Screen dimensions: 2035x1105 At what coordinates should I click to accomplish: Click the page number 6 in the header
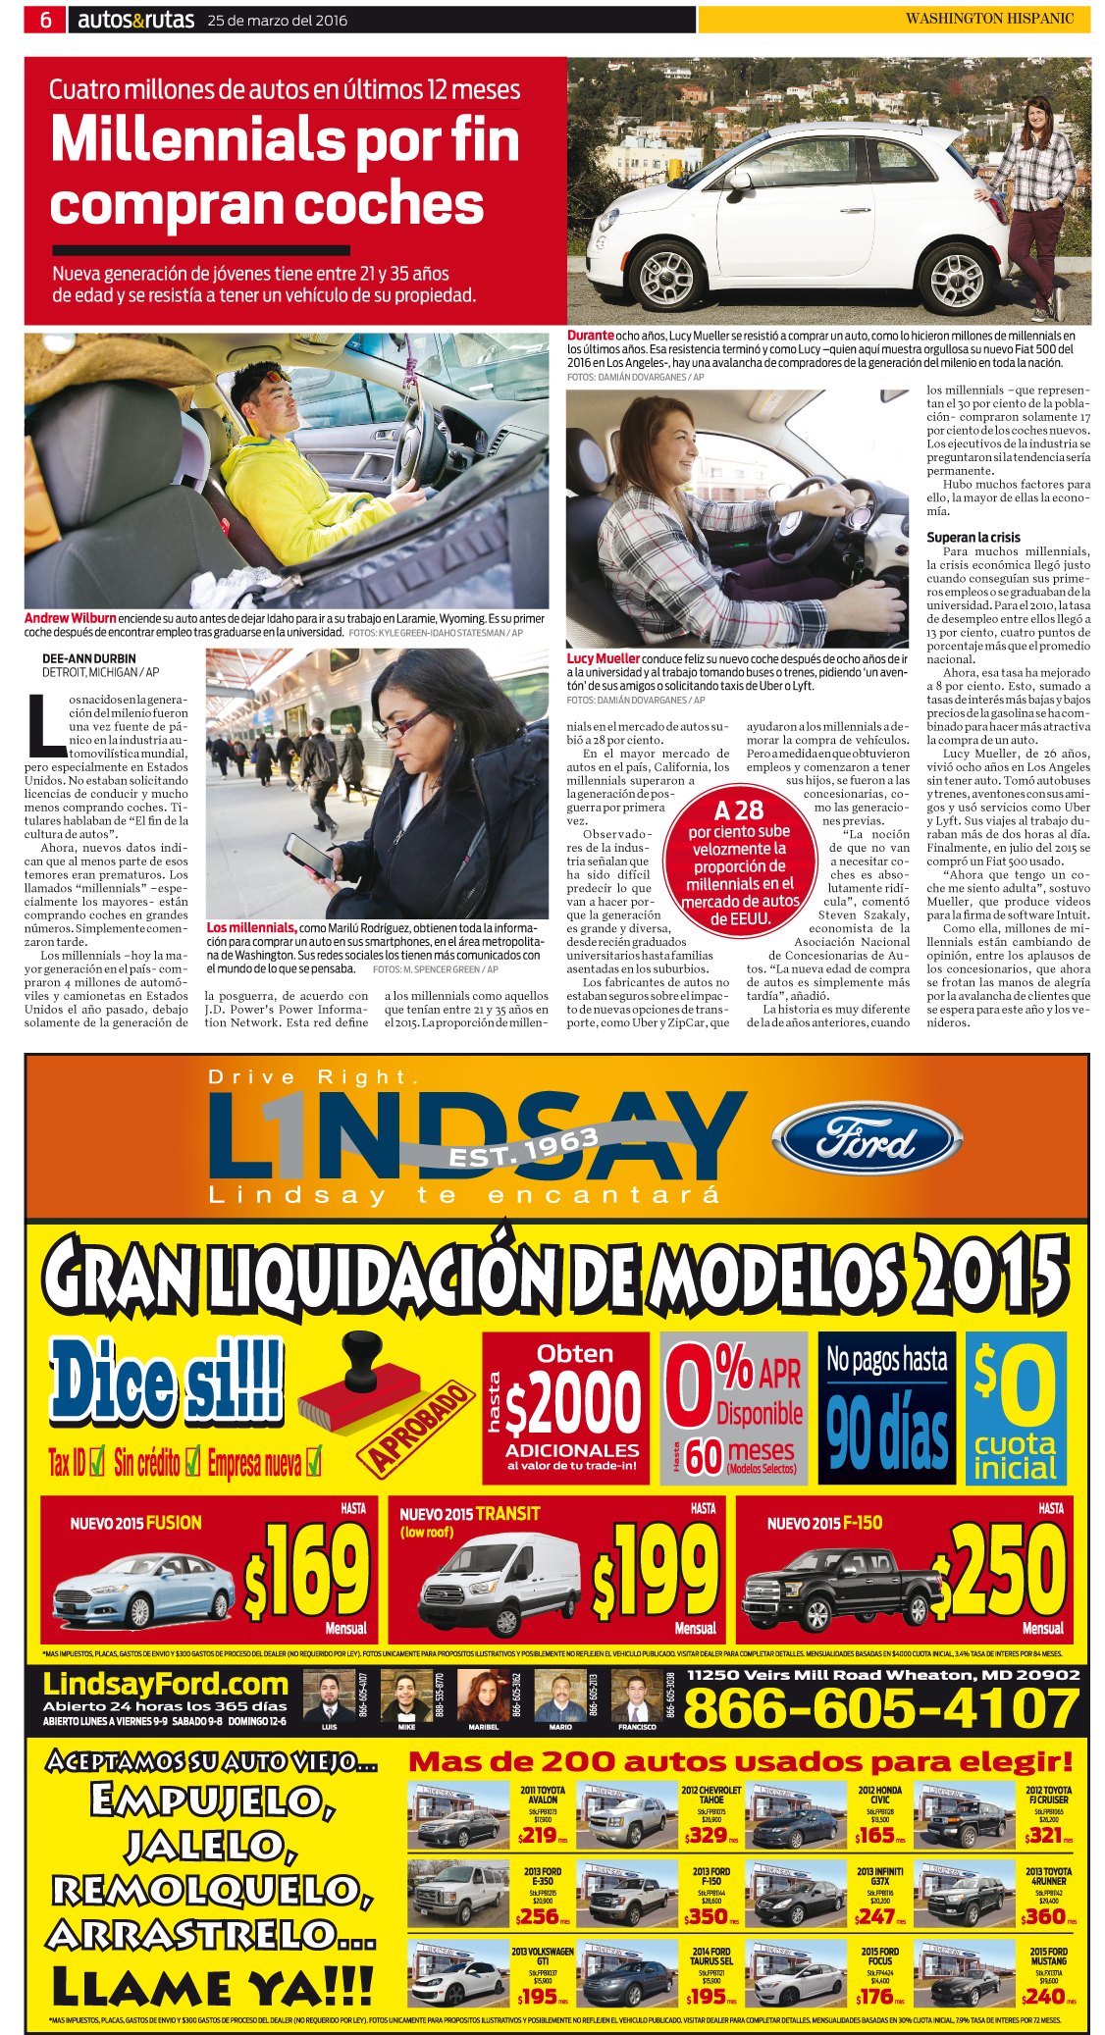[45, 20]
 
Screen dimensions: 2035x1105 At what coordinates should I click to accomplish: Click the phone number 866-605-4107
[880, 1708]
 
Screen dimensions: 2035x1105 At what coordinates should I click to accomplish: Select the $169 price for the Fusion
[307, 1571]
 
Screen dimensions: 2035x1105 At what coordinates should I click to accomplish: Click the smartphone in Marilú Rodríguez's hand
[310, 858]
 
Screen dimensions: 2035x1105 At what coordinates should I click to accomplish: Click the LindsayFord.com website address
[166, 1684]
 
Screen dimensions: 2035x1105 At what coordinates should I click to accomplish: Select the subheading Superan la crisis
[973, 537]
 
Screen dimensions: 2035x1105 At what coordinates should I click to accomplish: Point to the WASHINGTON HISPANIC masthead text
[989, 19]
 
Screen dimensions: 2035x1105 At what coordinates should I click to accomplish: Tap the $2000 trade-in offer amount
[573, 1402]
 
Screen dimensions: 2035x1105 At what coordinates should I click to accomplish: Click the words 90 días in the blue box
[886, 1432]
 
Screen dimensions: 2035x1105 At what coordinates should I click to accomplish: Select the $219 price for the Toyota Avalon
[539, 1835]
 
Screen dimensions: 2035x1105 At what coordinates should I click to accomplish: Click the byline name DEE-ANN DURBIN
[89, 658]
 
